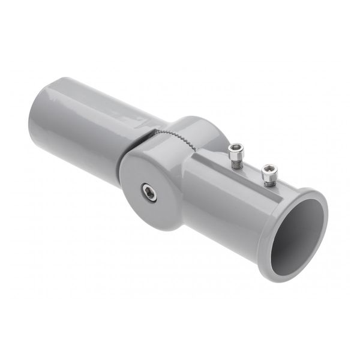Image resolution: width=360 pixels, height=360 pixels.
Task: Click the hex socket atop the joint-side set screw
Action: [x=236, y=148]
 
